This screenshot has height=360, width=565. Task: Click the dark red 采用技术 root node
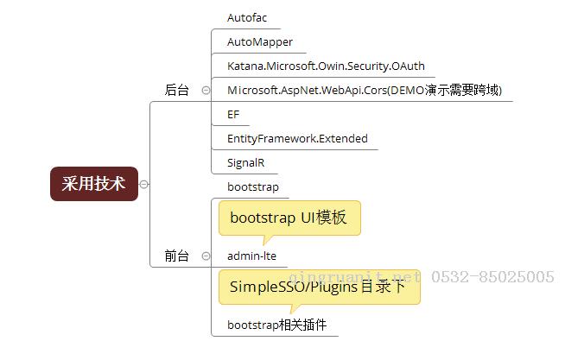(94, 184)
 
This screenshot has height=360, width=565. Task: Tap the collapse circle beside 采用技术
(143, 185)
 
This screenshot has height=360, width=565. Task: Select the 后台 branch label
(176, 90)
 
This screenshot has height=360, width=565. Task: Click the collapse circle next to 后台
(206, 90)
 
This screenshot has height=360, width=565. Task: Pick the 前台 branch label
(176, 256)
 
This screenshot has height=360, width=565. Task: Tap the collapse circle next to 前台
(206, 256)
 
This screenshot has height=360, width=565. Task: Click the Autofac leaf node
(247, 17)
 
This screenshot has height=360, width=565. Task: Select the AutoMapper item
(260, 42)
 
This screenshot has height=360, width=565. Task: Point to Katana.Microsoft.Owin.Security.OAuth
(326, 66)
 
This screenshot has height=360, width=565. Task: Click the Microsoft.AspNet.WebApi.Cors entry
(365, 90)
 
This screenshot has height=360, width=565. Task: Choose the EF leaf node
(233, 115)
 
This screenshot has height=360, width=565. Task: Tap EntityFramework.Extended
(297, 139)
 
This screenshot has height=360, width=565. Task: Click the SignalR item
(245, 162)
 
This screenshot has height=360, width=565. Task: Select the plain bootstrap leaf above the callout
(253, 186)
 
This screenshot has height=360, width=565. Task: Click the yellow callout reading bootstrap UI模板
(289, 218)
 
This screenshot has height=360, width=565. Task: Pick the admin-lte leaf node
(251, 256)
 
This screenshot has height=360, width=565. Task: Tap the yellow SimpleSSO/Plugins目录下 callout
(320, 287)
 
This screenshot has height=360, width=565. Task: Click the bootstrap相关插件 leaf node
(276, 325)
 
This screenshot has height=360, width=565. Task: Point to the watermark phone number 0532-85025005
(492, 277)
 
